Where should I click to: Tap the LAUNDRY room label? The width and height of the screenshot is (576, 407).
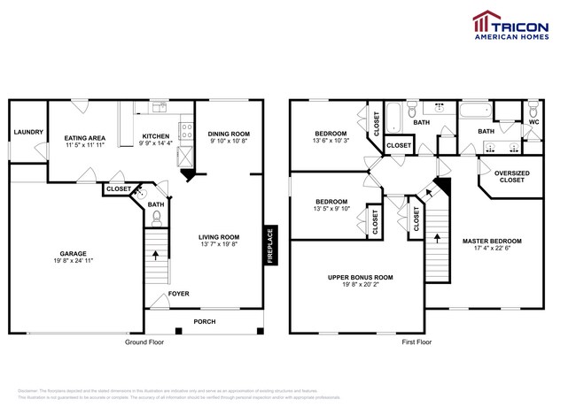tap(28, 133)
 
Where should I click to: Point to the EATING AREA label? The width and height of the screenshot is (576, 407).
tap(85, 138)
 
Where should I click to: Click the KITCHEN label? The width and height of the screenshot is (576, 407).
tap(156, 137)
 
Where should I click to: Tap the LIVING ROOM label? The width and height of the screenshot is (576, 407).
tap(218, 236)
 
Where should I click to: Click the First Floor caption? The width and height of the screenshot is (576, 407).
tap(416, 342)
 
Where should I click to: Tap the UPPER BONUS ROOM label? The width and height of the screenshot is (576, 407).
tap(360, 277)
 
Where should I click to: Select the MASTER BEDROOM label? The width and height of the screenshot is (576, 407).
tap(492, 241)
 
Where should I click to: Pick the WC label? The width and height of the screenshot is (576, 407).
tap(533, 121)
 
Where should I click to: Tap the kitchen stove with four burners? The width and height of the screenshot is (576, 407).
tap(185, 134)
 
